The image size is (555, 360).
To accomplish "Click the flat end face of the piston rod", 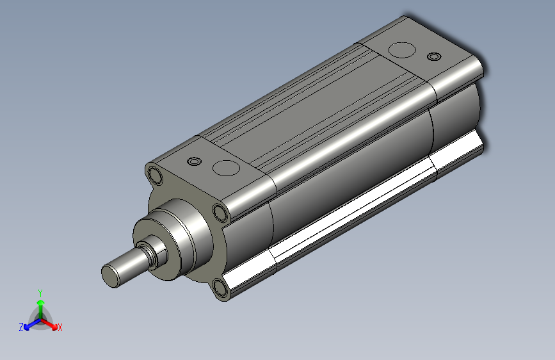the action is pos(111,275).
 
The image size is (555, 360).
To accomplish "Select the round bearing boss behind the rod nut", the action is pos(169,239).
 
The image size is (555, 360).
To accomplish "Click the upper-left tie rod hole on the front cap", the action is pos(155,175).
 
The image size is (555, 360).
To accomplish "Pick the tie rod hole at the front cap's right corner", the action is pos(220,213).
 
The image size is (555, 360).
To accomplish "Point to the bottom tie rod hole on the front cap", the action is pos(221,288).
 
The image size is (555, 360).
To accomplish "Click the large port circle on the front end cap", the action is pos(226,168).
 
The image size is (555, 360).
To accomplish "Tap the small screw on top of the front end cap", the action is pos(194,161).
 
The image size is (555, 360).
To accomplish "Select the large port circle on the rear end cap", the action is pos(402,50).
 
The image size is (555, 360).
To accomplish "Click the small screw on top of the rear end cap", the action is pos(434,56).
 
